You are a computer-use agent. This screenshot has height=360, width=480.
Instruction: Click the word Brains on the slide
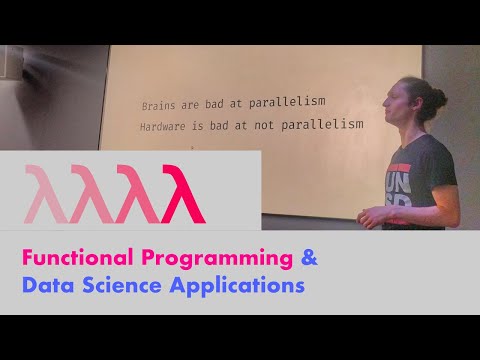click(158, 104)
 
